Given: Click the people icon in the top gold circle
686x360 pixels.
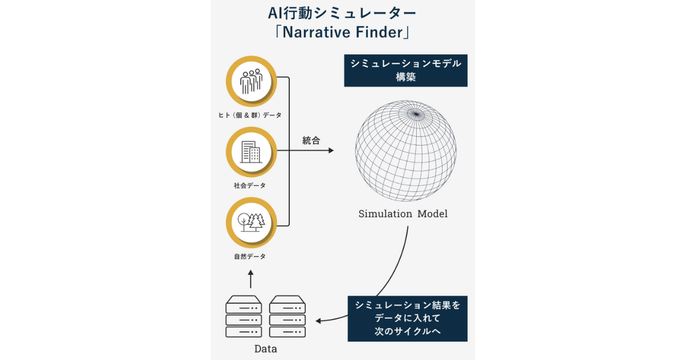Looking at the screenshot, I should (x=251, y=82).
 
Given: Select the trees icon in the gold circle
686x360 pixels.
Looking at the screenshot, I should (x=251, y=221).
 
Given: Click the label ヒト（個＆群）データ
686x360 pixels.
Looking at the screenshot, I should (x=250, y=115).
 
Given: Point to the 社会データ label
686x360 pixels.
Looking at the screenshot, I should (x=250, y=186).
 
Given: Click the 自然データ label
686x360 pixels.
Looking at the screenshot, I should (x=250, y=257).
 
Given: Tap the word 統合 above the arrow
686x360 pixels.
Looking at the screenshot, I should (x=311, y=141).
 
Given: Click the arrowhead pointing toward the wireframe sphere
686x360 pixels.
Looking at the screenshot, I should (x=330, y=151).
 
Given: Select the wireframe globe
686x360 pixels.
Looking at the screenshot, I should (x=406, y=151).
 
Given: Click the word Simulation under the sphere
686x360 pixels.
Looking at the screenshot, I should (x=385, y=214).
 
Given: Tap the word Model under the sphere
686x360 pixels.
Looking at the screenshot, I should (x=432, y=214).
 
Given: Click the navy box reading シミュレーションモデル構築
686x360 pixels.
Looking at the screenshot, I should (x=405, y=70).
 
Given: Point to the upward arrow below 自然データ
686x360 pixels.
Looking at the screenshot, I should (x=250, y=278).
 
